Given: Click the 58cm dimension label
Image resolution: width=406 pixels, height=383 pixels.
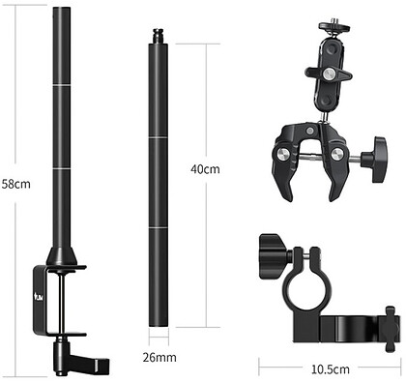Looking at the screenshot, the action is [16, 184].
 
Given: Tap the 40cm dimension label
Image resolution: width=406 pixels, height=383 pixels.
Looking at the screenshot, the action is [205, 169].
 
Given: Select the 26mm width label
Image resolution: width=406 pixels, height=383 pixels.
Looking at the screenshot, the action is [159, 357].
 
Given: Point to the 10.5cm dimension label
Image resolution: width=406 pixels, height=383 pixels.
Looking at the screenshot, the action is [331, 369].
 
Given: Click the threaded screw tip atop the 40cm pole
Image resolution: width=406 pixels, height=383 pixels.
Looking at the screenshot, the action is [158, 36].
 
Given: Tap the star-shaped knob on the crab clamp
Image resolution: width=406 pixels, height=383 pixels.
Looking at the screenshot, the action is [375, 160].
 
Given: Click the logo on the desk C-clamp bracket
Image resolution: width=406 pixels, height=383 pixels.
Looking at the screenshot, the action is [40, 296].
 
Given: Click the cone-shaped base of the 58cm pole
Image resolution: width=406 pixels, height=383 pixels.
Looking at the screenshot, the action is [62, 256].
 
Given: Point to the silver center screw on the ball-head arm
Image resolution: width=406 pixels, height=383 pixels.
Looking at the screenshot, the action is [329, 74].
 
